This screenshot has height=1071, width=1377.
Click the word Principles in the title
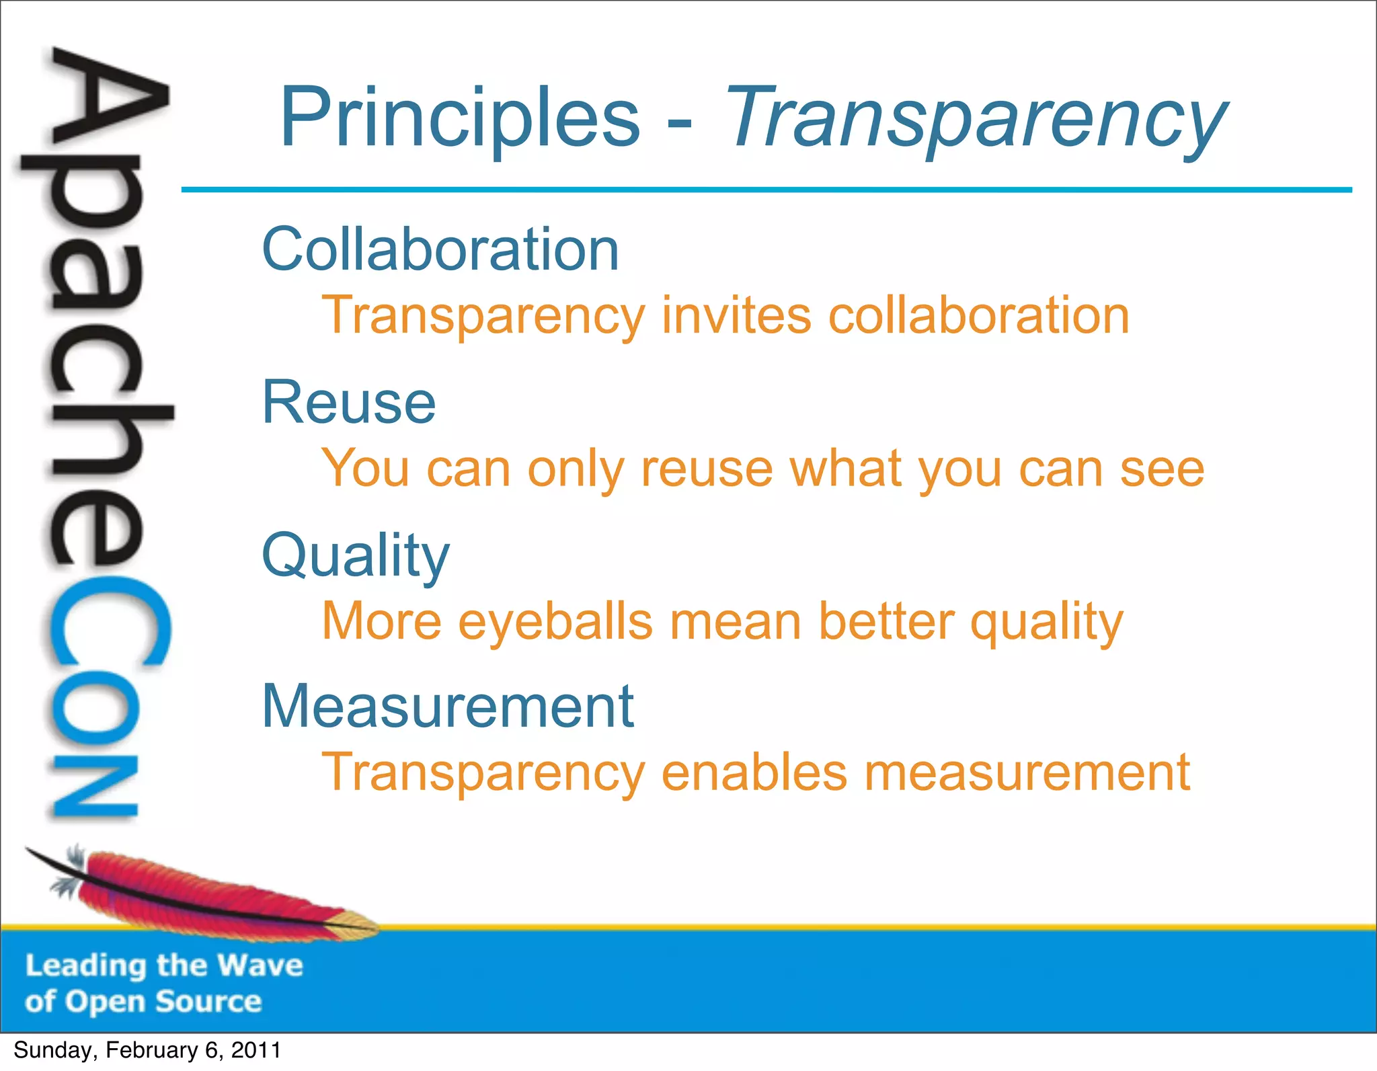(459, 118)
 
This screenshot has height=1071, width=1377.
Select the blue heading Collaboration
(440, 249)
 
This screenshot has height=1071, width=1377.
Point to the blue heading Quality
(356, 557)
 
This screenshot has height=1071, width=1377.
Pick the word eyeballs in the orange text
(555, 621)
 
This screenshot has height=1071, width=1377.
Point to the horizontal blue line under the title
(766, 190)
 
